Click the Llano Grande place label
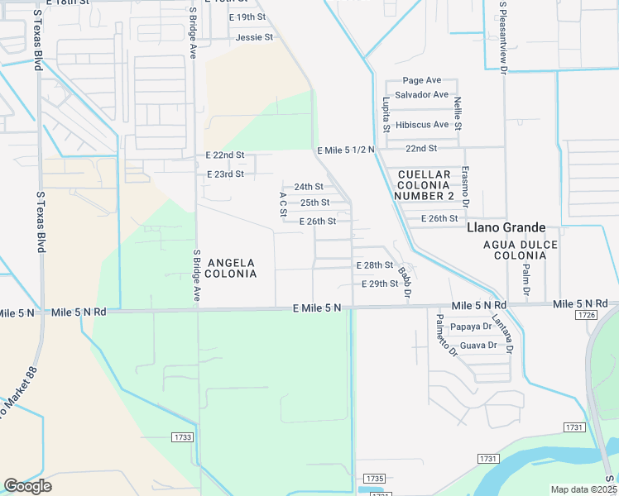coord(506,227)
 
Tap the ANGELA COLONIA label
coord(230,268)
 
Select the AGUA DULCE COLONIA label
coord(521,250)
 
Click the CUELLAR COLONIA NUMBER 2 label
coord(425,185)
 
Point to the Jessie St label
coord(254,38)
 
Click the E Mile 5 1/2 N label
coord(346,150)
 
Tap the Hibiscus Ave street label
coord(421,125)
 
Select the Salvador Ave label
coord(421,95)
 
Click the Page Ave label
coord(421,80)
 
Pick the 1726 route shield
coord(588,316)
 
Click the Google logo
coord(27,486)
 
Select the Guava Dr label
coord(478,346)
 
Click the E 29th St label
coord(381,284)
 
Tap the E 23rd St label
coord(225,174)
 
